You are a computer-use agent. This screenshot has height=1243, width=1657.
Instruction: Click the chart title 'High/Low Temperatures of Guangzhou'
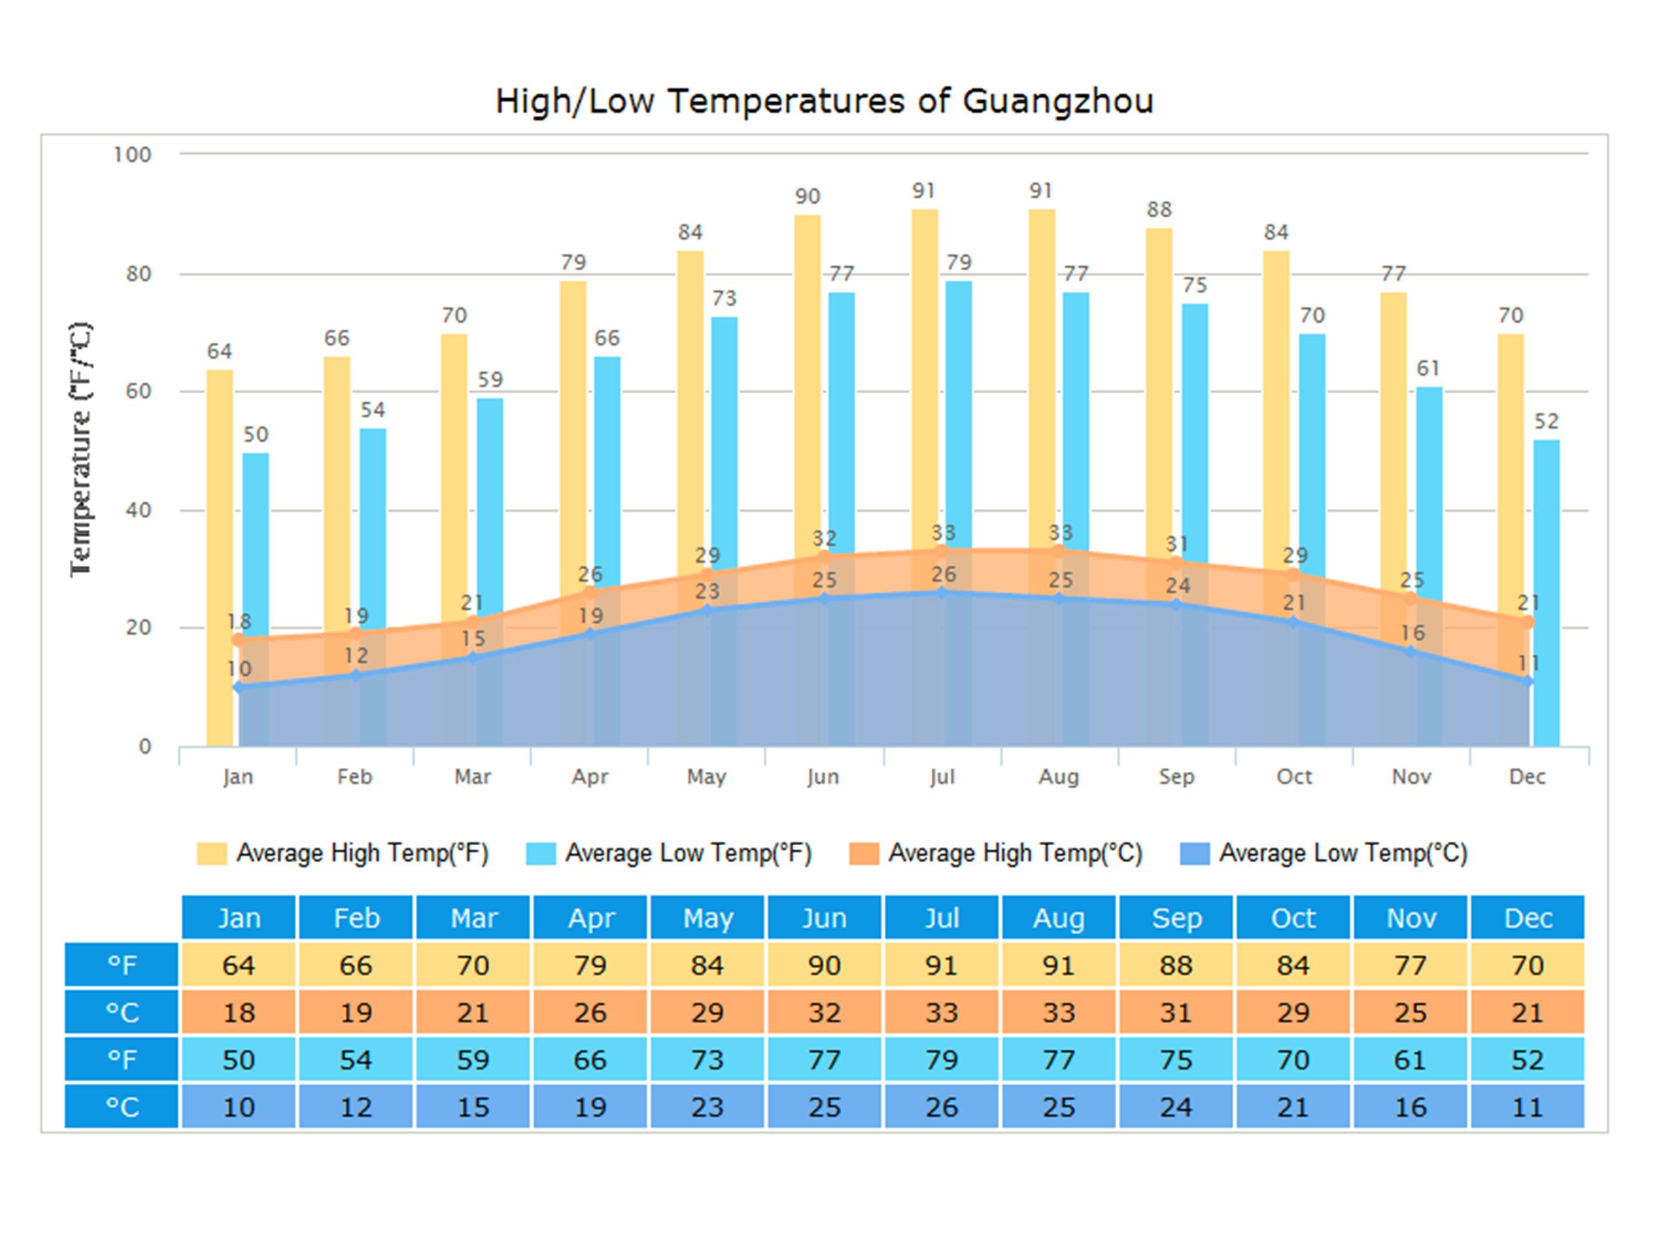click(x=824, y=101)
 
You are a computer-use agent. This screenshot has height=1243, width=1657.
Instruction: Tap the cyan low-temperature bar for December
click(x=1546, y=592)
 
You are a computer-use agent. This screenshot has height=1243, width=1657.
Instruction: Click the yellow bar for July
click(x=925, y=375)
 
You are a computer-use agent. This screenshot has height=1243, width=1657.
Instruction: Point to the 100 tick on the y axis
click(x=133, y=155)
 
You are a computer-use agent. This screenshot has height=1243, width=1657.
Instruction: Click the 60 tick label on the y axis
click(x=139, y=391)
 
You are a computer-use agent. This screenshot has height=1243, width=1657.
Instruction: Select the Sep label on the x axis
click(x=1176, y=777)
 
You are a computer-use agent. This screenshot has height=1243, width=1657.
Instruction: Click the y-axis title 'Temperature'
click(x=80, y=450)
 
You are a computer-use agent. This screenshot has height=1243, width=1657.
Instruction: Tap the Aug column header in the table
click(x=1058, y=918)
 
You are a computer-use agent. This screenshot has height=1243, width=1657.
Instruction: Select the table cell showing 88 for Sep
click(x=1176, y=965)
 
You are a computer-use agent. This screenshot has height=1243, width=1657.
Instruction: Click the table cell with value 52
click(x=1527, y=1060)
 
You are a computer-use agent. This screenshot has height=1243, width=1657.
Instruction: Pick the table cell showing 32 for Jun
click(x=824, y=1012)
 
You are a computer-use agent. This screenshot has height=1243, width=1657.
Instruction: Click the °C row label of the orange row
click(x=122, y=1012)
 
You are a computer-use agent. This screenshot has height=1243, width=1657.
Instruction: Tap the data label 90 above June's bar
click(x=808, y=196)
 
